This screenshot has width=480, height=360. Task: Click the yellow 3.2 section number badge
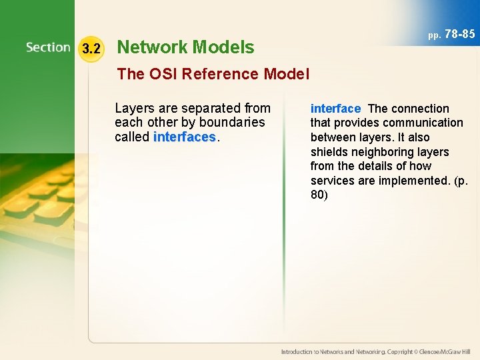pyautogui.click(x=91, y=48)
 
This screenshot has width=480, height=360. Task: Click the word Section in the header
pyautogui.click(x=48, y=47)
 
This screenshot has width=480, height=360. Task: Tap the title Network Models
pyautogui.click(x=185, y=47)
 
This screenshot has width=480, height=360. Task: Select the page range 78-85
pyautogui.click(x=459, y=33)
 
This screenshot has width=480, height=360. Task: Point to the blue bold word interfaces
pyautogui.click(x=185, y=137)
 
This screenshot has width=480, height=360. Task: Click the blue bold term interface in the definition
pyautogui.click(x=335, y=109)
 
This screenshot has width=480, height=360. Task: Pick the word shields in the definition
pyautogui.click(x=328, y=152)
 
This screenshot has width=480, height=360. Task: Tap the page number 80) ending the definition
pyautogui.click(x=320, y=195)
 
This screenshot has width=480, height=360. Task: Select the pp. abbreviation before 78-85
pyautogui.click(x=434, y=35)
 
